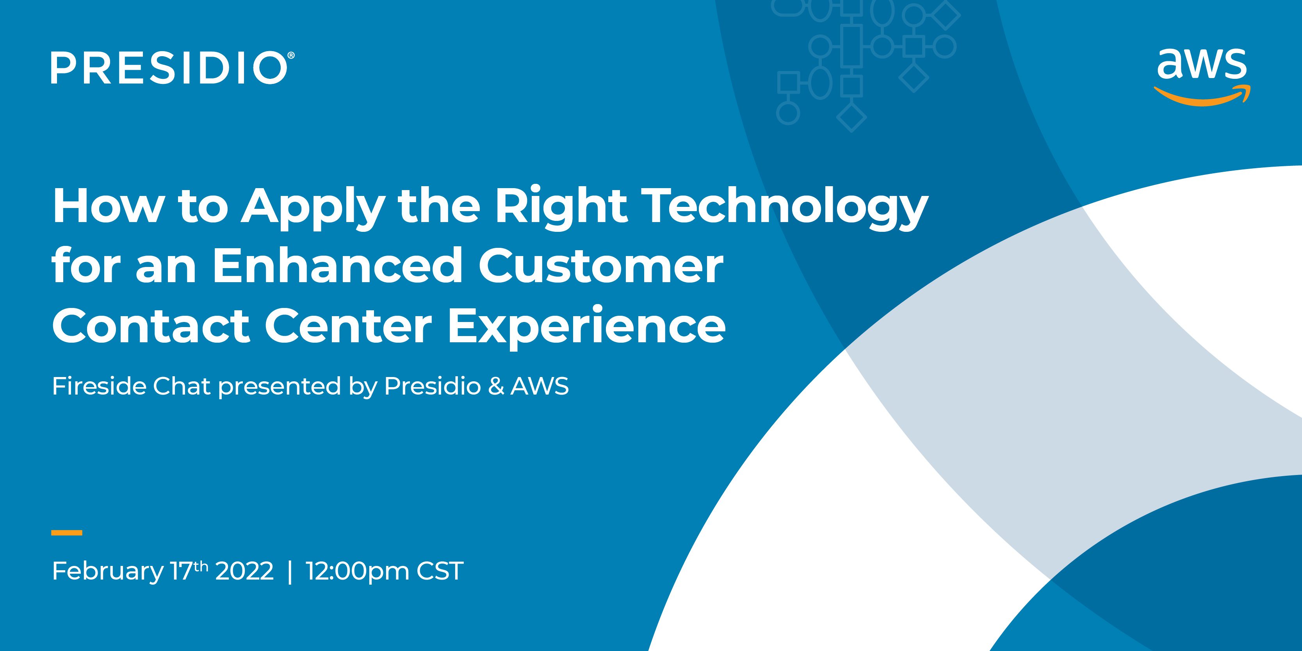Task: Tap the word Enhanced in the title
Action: click(x=337, y=266)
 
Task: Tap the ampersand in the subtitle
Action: click(x=496, y=387)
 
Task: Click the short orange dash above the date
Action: click(x=67, y=532)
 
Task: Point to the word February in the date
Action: click(x=108, y=572)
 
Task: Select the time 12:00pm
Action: click(x=357, y=572)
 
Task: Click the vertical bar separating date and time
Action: click(x=290, y=572)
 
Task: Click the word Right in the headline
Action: click(x=561, y=208)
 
